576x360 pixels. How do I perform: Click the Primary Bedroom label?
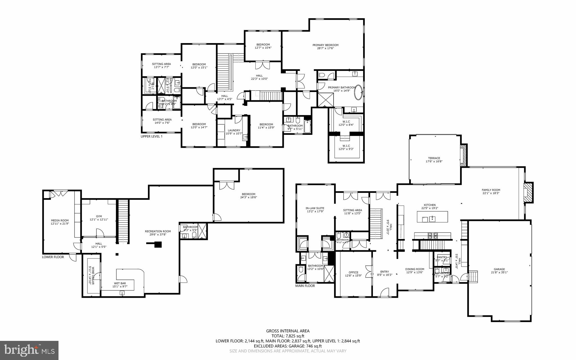[325, 45]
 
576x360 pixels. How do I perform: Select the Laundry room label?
[234, 130]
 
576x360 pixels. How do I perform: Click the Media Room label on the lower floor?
[60, 220]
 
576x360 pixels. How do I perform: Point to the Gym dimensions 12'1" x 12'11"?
[99, 220]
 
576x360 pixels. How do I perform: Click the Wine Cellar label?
[91, 275]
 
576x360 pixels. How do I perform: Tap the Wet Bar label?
[120, 283]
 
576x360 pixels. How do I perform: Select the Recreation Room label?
[158, 231]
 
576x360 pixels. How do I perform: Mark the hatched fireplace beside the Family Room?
[528, 192]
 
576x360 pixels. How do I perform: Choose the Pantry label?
[442, 257]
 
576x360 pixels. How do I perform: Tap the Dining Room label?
[415, 269]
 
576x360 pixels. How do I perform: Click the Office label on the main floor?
[353, 272]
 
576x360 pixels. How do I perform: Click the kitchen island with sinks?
[432, 217]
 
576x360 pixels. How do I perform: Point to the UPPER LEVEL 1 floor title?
[152, 137]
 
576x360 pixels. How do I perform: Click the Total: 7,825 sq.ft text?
[288, 336]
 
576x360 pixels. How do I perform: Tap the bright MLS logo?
[29, 350]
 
